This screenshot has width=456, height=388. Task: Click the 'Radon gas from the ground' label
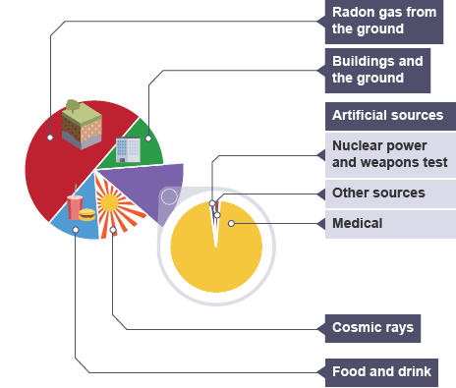(x=384, y=21)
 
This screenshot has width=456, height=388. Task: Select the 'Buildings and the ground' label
(x=377, y=70)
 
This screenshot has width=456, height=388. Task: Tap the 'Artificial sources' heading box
(x=390, y=116)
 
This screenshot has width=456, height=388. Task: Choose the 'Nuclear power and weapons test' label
(x=390, y=154)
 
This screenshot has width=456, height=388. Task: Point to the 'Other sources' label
(x=390, y=194)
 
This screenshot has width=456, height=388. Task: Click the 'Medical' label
(x=390, y=224)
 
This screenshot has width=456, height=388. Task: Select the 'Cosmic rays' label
(x=372, y=328)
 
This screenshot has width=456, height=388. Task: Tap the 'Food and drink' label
(x=381, y=372)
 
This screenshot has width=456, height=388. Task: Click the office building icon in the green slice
(x=128, y=150)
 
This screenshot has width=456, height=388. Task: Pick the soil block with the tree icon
(x=82, y=125)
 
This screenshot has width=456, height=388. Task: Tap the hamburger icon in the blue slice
(x=87, y=214)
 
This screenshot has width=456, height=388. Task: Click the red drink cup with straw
(x=75, y=205)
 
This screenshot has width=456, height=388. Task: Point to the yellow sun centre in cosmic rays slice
(x=109, y=202)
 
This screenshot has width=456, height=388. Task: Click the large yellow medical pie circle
(x=216, y=248)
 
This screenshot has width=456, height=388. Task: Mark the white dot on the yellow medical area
(x=231, y=224)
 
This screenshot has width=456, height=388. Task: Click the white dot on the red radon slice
(x=50, y=138)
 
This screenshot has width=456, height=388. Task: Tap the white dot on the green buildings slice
(x=148, y=139)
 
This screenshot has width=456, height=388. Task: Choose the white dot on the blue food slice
(x=76, y=230)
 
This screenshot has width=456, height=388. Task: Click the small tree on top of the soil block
(x=73, y=105)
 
